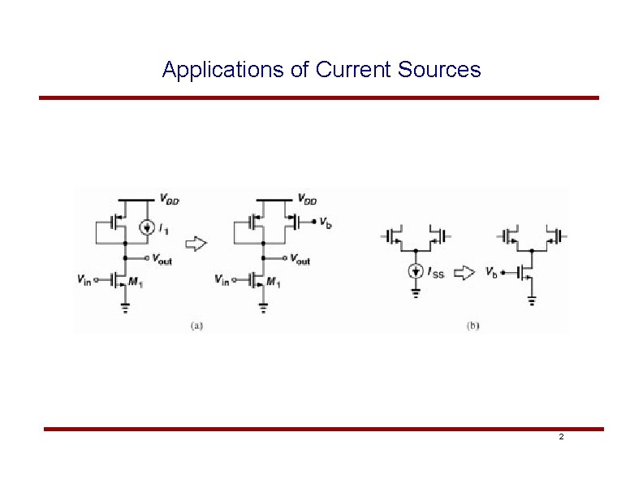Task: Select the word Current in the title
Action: [x=354, y=70]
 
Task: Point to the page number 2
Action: [x=560, y=438]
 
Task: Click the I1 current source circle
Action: [x=146, y=227]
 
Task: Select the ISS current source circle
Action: [x=416, y=272]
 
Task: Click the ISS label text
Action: [x=436, y=274]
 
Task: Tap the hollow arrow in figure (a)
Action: [x=196, y=244]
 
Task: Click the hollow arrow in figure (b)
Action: [x=463, y=273]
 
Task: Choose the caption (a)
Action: [x=196, y=326]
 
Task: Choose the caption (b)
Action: [x=473, y=326]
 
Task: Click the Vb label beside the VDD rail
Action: [x=325, y=223]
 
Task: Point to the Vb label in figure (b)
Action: [x=491, y=271]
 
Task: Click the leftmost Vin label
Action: [x=84, y=280]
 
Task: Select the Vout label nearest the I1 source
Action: [x=162, y=260]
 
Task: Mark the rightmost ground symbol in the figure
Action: [x=532, y=301]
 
